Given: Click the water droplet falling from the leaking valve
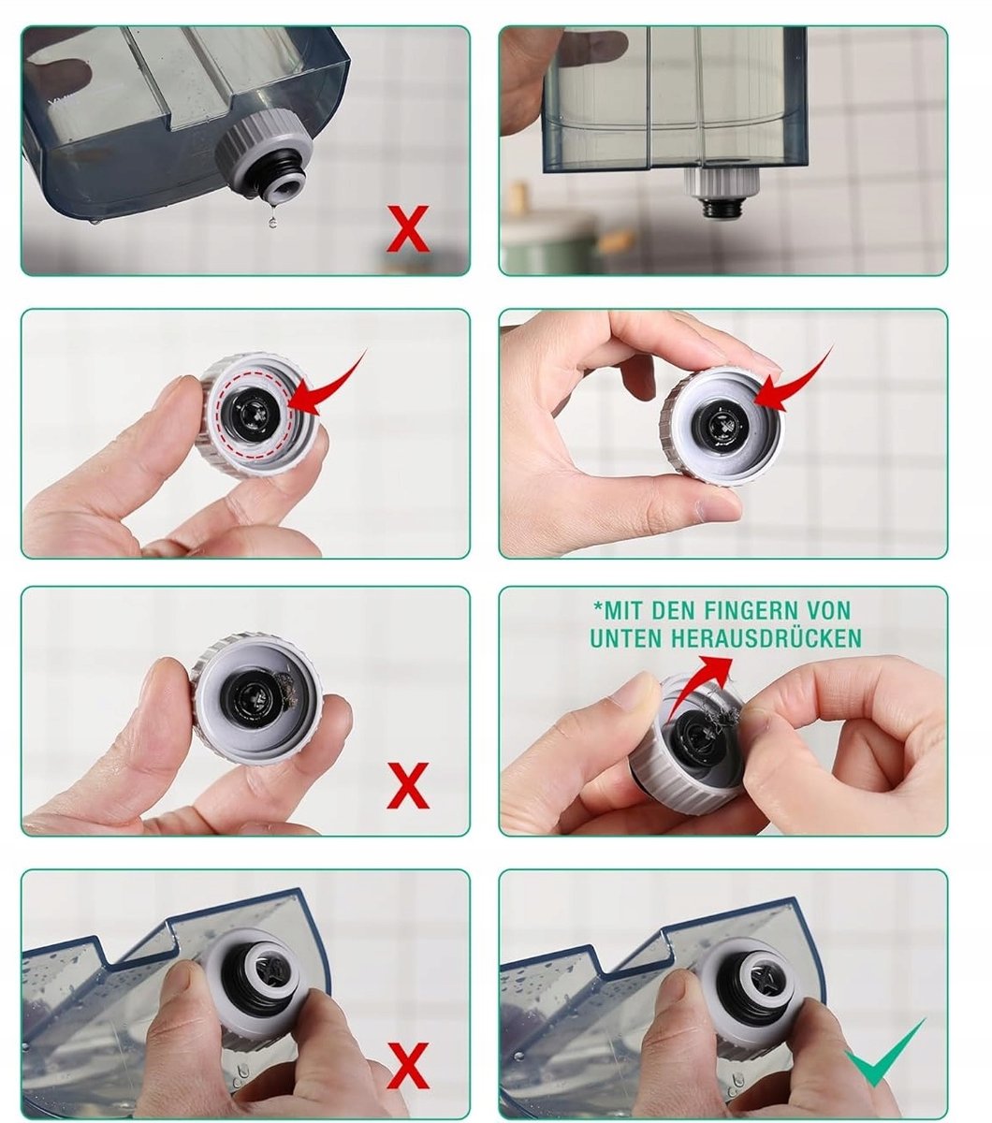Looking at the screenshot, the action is pyautogui.click(x=271, y=223).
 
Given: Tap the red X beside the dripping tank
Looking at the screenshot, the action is pyautogui.click(x=408, y=228).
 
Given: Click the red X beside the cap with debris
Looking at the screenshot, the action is pyautogui.click(x=408, y=785).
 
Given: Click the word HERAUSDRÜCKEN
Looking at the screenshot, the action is pyautogui.click(x=766, y=638).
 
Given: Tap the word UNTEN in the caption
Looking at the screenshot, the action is pyautogui.click(x=627, y=638).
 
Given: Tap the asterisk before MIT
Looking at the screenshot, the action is pyautogui.click(x=597, y=606).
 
